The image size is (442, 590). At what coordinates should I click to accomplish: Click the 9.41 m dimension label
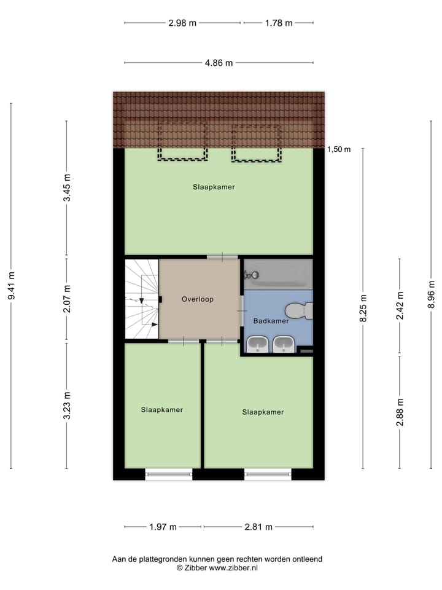point(11,286)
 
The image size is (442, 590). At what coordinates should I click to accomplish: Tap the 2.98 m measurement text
point(182,23)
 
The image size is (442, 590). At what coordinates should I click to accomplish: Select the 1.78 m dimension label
point(279,23)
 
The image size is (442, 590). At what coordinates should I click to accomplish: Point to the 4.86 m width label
point(219,63)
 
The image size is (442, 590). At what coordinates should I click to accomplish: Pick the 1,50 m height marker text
point(339,149)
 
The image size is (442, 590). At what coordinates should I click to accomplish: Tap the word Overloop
point(198,299)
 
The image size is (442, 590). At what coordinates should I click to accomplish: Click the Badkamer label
point(271,321)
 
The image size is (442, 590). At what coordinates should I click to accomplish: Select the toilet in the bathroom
point(298,311)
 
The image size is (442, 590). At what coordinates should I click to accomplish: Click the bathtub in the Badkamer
point(278,274)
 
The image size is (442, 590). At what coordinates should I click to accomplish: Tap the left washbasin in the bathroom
point(256,345)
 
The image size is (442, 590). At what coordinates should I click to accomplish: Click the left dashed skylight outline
point(182,143)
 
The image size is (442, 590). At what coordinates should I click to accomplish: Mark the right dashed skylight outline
point(256,143)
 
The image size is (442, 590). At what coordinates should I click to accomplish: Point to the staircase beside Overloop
point(141,299)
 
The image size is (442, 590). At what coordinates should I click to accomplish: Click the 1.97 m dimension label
point(163,527)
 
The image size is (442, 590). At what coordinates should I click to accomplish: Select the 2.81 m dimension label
point(258,527)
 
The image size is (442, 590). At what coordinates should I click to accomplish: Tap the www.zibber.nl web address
point(234,568)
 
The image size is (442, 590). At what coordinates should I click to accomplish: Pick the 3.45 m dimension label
point(67,189)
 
